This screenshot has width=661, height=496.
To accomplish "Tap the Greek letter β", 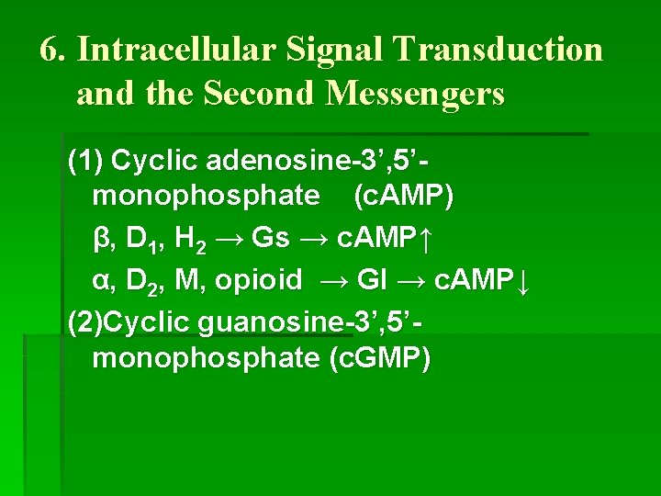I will tap(102, 239).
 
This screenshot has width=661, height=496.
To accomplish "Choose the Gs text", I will tap(270, 239).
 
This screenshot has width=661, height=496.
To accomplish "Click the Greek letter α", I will tap(102, 280).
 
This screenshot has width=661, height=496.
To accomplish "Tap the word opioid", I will tap(258, 280).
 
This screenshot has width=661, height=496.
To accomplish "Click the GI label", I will tap(372, 280).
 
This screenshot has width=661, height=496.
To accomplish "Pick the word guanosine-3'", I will tap(298, 322).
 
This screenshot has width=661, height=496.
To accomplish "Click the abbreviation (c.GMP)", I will tap(378, 357).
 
